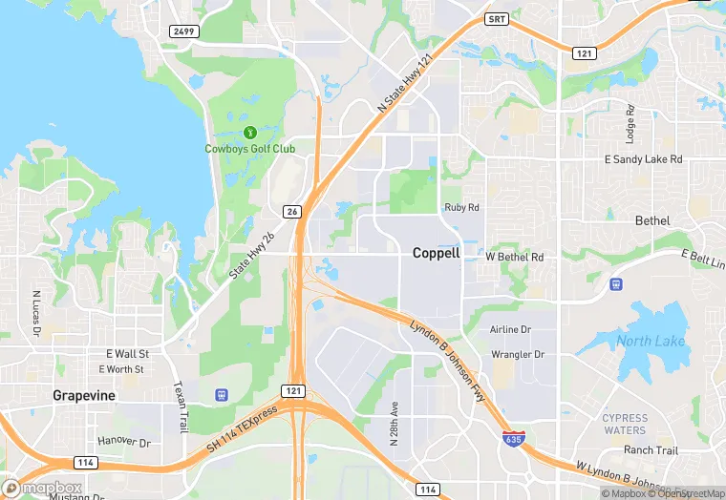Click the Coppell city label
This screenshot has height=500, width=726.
point(436,254)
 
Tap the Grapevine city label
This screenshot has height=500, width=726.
point(84,395)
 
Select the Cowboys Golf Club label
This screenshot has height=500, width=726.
point(249,149)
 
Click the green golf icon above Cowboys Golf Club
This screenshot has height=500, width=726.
point(249,132)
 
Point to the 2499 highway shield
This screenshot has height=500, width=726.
point(183,31)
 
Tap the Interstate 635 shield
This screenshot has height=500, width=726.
point(514,437)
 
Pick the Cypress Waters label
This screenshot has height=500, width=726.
point(625,424)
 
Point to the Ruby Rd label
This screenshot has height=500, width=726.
point(461,207)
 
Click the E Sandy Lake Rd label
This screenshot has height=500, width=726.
point(645,159)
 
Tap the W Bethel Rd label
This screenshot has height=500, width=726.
point(515,258)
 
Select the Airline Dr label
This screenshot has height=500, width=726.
point(510,329)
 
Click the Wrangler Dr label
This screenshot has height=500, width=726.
point(517,354)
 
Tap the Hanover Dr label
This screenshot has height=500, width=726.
point(124,443)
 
